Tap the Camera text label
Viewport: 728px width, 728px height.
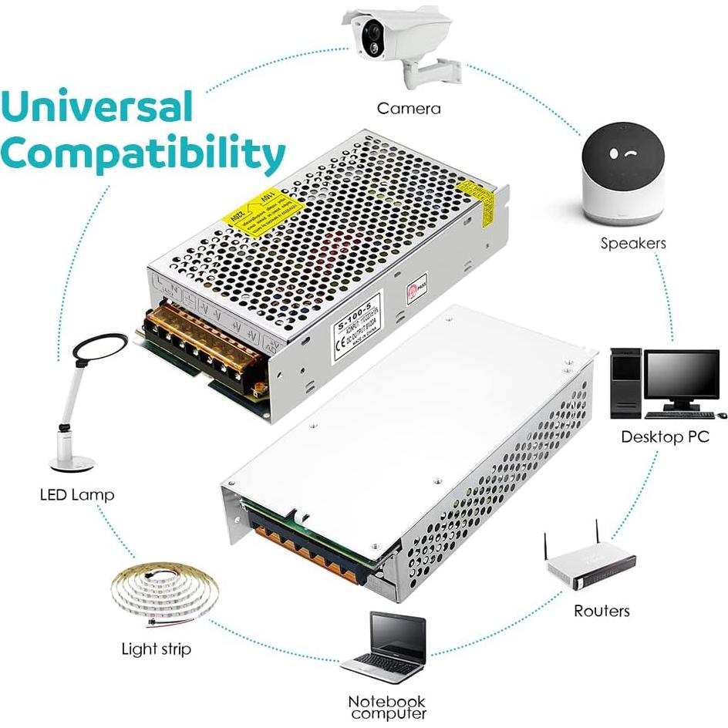point(409,108)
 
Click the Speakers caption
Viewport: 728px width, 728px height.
point(633,244)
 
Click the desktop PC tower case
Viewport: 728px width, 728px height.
point(626,383)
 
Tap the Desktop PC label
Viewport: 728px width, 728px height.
point(665,437)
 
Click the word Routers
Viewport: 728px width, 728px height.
point(602,611)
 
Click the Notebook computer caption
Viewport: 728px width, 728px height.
point(386,708)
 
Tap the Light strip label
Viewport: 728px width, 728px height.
point(156,649)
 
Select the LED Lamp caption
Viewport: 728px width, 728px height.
point(76,494)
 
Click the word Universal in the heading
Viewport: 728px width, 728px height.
point(96,108)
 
